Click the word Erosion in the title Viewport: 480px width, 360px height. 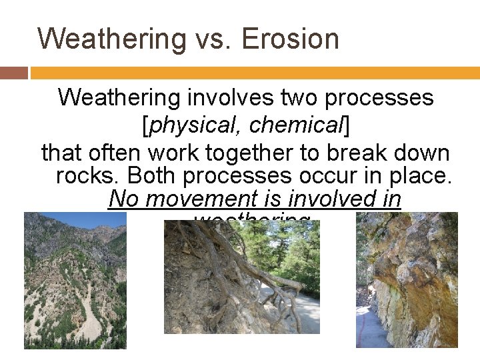pyautogui.click(x=290, y=39)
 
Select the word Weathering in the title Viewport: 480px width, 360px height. pyautogui.click(x=113, y=39)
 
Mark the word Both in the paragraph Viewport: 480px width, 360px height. pyautogui.click(x=153, y=175)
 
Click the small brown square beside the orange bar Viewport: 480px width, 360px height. pyautogui.click(x=14, y=73)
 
